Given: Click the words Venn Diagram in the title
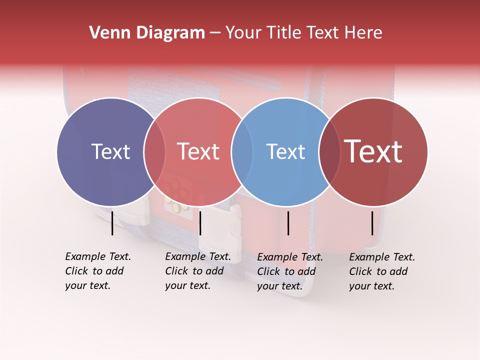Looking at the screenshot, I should click(147, 33).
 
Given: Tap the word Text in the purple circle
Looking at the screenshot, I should click(110, 151).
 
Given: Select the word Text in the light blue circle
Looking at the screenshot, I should click(285, 151).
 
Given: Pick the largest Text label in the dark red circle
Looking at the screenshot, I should click(373, 151).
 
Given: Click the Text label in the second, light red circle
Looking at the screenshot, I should click(198, 151).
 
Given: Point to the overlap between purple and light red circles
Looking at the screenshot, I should click(154, 151).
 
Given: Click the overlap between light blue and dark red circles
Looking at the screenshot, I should click(329, 151).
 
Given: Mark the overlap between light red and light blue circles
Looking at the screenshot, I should click(242, 151).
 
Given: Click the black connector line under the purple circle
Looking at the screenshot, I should click(112, 223).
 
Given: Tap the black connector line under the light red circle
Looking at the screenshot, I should click(200, 223).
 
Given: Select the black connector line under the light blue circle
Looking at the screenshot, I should click(288, 223).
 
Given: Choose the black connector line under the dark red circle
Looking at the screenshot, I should click(372, 223).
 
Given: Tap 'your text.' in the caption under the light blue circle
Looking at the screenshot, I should click(280, 286).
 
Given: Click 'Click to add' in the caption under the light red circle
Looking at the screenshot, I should click(194, 271).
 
